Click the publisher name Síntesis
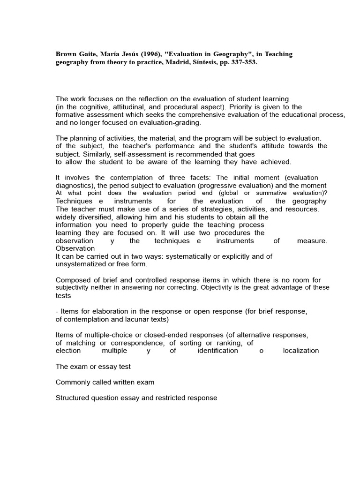pyautogui.click(x=201, y=62)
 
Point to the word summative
pyautogui.click(x=261, y=193)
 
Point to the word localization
pyautogui.click(x=301, y=351)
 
